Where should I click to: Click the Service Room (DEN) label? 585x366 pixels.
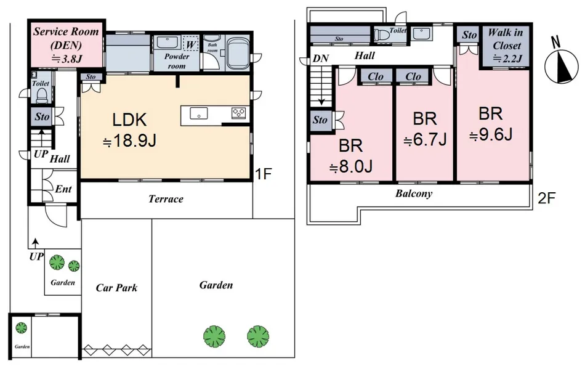point(66,38)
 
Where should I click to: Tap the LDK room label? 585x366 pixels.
point(129,120)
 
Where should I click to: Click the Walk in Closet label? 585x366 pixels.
point(505,39)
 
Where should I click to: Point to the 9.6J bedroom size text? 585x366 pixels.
point(491,134)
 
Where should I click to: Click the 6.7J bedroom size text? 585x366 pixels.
point(425,140)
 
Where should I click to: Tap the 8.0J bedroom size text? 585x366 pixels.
point(351,167)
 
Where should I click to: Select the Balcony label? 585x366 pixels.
point(414,193)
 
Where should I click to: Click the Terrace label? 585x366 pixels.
point(166,198)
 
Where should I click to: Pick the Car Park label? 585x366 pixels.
point(116,288)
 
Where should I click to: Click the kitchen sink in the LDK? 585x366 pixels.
point(199,113)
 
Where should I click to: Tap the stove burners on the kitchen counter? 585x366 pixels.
point(238,113)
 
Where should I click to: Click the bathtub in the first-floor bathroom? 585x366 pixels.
point(237,53)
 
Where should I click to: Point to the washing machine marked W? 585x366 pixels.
point(191,43)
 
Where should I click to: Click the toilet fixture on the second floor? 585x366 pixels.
point(382,35)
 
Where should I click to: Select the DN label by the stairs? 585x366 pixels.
point(320,59)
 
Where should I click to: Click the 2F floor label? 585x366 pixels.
point(547,198)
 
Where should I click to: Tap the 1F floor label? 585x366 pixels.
point(263,174)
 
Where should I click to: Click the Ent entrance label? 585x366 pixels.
point(63,189)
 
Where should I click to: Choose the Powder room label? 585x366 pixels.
point(177,61)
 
